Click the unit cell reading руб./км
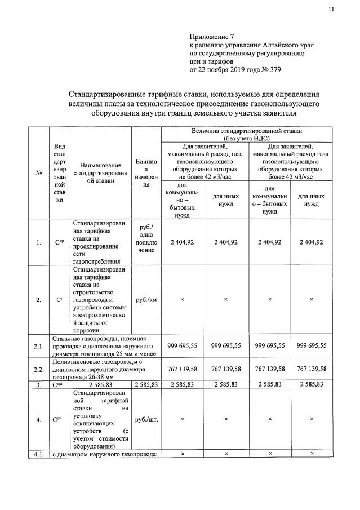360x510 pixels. [x=146, y=300]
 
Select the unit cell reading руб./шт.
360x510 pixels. [x=146, y=419]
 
